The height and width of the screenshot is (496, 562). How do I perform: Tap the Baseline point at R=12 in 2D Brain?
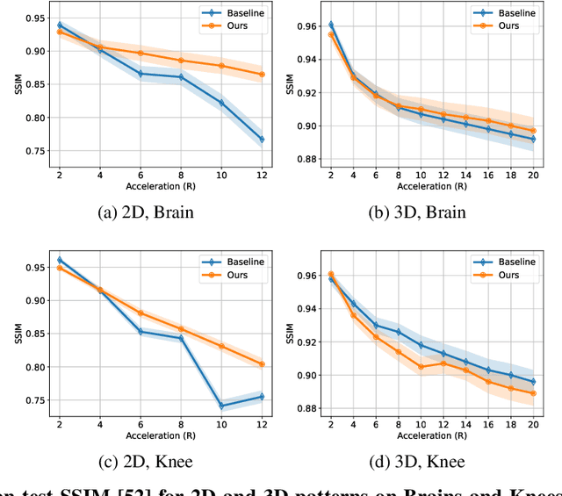pyautogui.click(x=262, y=140)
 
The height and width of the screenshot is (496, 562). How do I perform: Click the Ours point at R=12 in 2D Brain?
pyautogui.click(x=262, y=75)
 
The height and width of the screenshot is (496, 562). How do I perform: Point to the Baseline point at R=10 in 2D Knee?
pyautogui.click(x=221, y=406)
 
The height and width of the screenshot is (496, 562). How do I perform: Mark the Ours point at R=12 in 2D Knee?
pyautogui.click(x=262, y=364)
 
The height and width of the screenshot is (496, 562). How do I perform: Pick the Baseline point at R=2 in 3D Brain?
pyautogui.click(x=330, y=25)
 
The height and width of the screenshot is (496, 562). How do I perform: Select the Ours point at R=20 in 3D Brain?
pyautogui.click(x=533, y=131)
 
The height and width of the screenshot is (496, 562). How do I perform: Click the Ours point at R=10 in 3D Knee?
pyautogui.click(x=421, y=367)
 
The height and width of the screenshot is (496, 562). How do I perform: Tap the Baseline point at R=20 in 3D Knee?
pyautogui.click(x=533, y=382)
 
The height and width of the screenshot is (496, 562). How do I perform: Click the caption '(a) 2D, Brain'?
pyautogui.click(x=148, y=212)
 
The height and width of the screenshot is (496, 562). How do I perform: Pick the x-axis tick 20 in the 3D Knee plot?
pyautogui.click(x=533, y=425)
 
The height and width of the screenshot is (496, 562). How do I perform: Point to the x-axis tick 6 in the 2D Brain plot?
pyautogui.click(x=140, y=173)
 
